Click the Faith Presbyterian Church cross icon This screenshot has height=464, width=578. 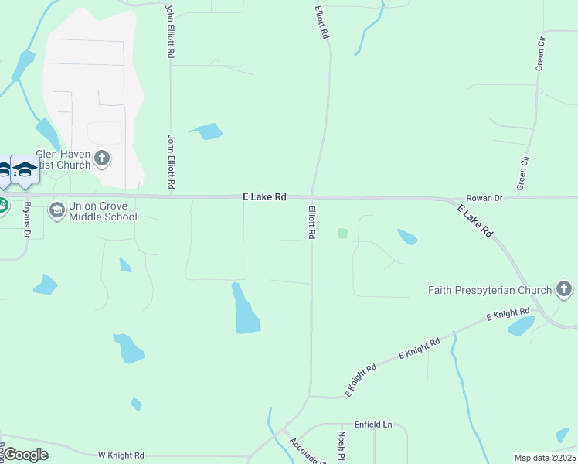[x=565, y=291]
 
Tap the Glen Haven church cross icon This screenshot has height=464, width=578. [x=102, y=159]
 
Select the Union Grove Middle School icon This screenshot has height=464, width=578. [x=56, y=210]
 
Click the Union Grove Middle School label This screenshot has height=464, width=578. [x=103, y=212]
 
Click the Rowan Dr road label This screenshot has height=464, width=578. [x=484, y=199]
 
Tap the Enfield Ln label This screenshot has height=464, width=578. [x=373, y=425]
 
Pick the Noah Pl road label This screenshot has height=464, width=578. [x=340, y=445]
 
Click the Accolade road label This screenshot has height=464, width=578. [x=304, y=451]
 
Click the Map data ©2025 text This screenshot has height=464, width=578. [x=545, y=458]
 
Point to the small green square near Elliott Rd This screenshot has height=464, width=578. [x=343, y=233]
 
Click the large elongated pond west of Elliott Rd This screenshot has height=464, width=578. [x=245, y=309]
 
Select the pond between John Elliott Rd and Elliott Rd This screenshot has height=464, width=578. [x=207, y=131]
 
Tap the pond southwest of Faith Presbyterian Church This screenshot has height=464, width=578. [x=522, y=326]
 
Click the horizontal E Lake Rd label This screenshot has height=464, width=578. [x=264, y=198]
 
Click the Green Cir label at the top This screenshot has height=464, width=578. [x=542, y=53]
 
